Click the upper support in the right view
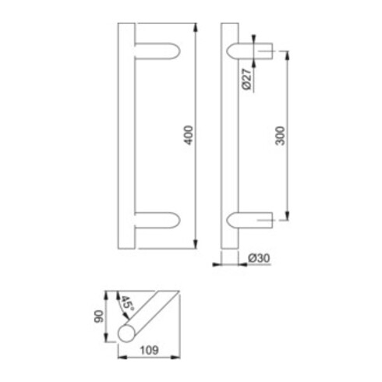point(251,52)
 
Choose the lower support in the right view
point(251,221)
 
